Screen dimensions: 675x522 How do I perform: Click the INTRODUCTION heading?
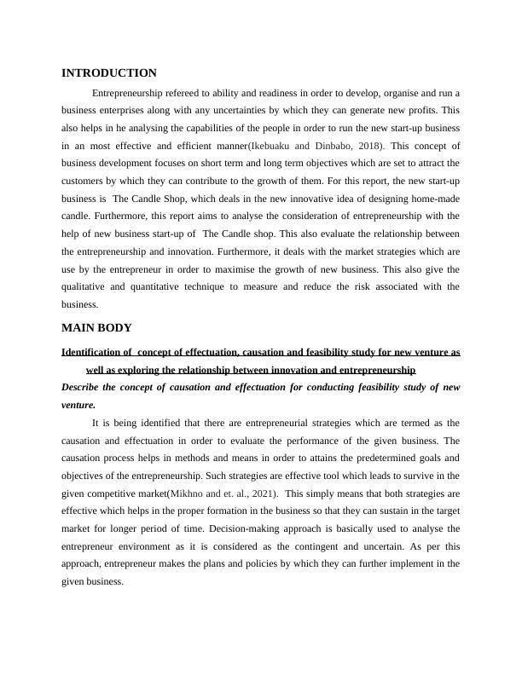(x=109, y=73)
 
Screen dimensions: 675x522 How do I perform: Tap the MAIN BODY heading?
(x=96, y=328)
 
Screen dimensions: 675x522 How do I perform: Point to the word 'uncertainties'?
(x=278, y=111)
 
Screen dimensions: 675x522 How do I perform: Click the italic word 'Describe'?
(x=83, y=388)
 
